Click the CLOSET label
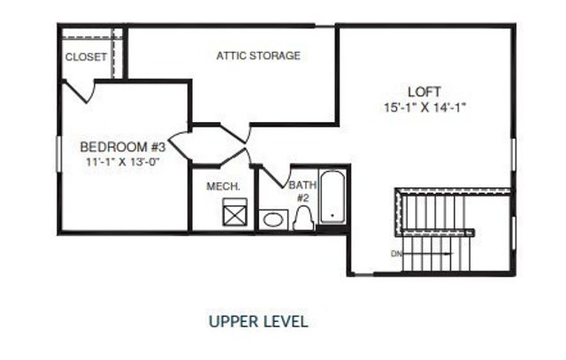86,57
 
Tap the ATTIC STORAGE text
258,56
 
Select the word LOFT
424,92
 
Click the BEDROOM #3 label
123,147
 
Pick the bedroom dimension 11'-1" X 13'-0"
123,162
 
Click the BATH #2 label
301,192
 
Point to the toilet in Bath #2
303,218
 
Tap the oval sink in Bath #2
272,218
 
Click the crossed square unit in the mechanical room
233,213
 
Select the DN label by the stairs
395,254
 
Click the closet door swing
81,88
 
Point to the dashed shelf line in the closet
88,37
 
